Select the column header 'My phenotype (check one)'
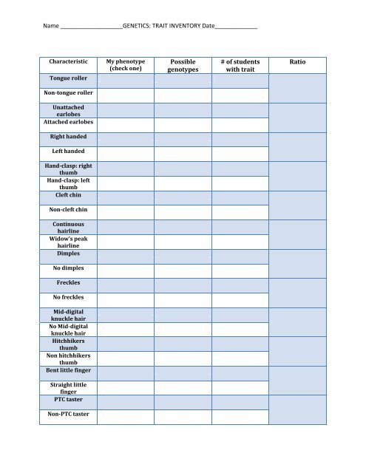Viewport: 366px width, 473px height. click(x=125, y=64)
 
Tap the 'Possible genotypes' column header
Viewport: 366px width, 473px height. click(x=183, y=65)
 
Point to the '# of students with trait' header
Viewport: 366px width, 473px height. click(x=240, y=65)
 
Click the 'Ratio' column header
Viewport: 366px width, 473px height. click(x=298, y=64)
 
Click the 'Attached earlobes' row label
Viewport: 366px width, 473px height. click(x=68, y=122)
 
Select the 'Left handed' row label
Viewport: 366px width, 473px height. click(x=68, y=152)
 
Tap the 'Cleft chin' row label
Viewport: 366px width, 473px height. click(x=68, y=195)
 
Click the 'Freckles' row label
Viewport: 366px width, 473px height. click(x=68, y=283)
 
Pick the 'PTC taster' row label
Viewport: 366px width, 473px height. click(x=68, y=400)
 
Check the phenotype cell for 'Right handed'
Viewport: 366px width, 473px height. click(x=125, y=138)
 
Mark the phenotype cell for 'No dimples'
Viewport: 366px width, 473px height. click(x=125, y=269)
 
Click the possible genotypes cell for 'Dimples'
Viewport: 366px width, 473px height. click(x=183, y=253)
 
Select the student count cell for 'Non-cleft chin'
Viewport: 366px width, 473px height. click(x=240, y=211)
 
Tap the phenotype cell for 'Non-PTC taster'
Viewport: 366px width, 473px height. click(x=125, y=416)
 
